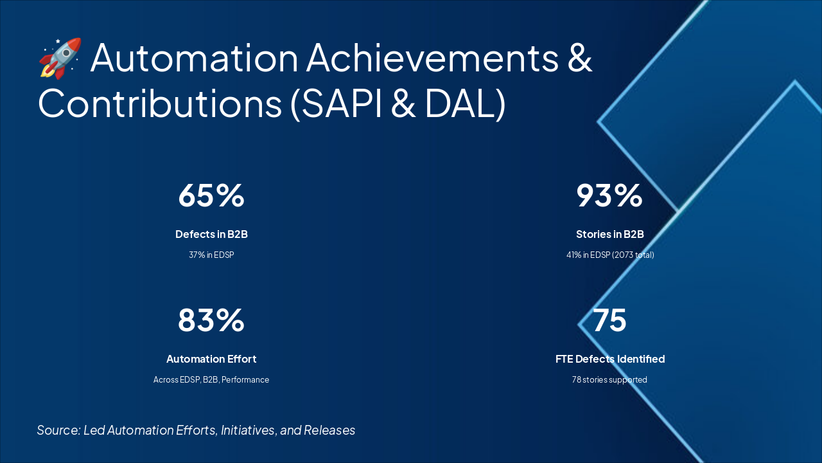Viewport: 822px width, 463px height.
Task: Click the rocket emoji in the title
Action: click(60, 58)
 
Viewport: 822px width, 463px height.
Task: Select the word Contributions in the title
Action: click(159, 104)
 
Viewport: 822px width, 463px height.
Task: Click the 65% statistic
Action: click(211, 195)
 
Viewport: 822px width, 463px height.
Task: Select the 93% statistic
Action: click(609, 195)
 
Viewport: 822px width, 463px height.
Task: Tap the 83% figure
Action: click(211, 320)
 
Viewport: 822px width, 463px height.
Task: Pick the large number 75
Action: click(609, 320)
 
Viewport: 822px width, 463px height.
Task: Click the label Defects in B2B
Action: click(211, 234)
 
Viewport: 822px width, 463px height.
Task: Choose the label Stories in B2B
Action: click(609, 234)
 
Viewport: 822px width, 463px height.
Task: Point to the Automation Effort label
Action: click(211, 359)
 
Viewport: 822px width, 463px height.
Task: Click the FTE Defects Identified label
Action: click(609, 359)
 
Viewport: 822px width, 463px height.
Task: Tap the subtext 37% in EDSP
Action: click(211, 255)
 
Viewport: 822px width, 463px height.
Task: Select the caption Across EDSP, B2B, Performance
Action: click(211, 379)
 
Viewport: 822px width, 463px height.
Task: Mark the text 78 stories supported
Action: click(609, 379)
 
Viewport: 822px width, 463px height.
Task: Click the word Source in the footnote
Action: click(58, 430)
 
